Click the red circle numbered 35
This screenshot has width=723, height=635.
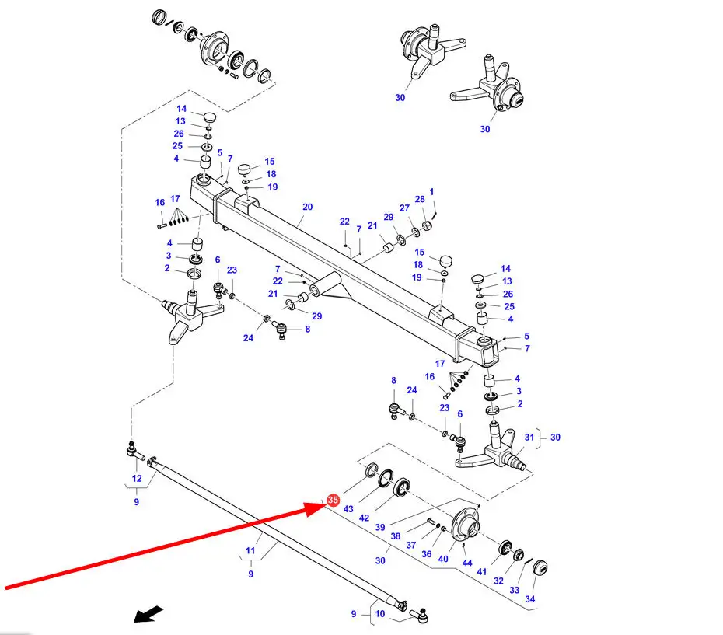333,501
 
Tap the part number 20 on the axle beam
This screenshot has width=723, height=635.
307,208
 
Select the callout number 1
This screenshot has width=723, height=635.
431,191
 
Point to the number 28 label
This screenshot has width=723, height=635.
420,200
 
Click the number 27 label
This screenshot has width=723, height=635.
404,208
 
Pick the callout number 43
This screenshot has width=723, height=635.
348,509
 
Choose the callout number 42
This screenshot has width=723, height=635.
364,517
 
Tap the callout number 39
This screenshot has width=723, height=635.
380,527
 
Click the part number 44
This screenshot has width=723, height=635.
466,563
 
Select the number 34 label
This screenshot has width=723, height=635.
530,599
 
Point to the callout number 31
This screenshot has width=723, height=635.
529,438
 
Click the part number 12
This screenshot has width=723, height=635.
137,479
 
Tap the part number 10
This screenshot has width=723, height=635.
380,613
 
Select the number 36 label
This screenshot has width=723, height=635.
426,554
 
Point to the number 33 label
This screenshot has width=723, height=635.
514,590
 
